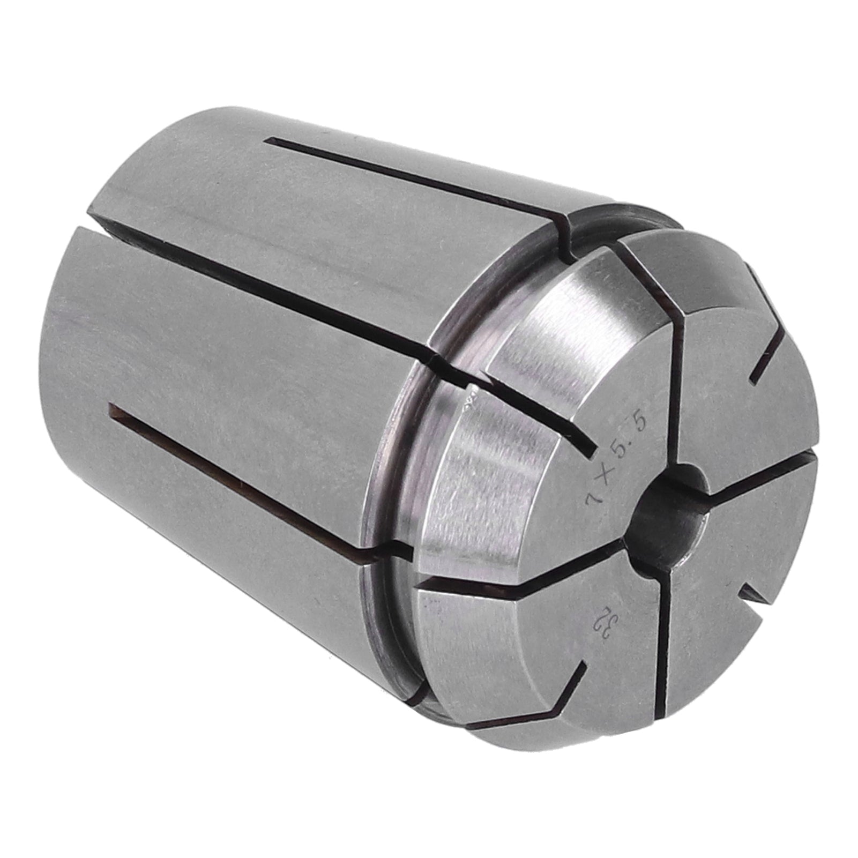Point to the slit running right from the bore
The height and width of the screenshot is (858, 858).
[x=761, y=472]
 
